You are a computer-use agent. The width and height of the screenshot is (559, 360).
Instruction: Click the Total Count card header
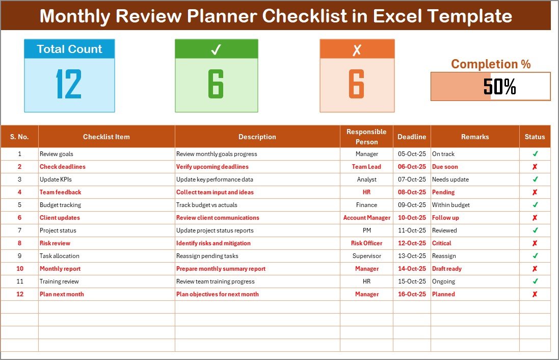tap(69, 49)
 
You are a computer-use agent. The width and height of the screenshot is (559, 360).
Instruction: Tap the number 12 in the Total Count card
tap(69, 84)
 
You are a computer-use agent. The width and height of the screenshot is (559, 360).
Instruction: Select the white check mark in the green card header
tap(216, 49)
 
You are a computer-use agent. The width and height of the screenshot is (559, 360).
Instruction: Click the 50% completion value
tap(499, 86)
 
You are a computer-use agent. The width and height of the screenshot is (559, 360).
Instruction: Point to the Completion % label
tap(491, 64)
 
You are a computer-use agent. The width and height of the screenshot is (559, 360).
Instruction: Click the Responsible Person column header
tap(366, 137)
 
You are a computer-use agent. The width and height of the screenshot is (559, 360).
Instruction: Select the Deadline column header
tap(412, 137)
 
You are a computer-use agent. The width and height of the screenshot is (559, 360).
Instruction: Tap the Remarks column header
tap(475, 137)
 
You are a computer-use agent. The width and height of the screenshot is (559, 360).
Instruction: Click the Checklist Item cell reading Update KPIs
tap(56, 179)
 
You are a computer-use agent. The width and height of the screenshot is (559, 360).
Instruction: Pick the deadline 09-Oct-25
tap(412, 205)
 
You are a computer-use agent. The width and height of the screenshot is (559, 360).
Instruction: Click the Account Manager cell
tap(366, 218)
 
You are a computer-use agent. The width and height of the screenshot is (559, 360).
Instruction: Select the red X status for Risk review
tap(535, 243)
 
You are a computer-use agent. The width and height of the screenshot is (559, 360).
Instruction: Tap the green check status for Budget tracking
tap(535, 205)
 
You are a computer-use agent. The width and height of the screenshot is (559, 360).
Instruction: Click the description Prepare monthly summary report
tap(221, 269)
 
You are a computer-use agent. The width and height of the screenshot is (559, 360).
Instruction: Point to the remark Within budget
tap(450, 205)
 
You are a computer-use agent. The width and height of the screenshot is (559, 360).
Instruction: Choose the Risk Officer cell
tap(366, 243)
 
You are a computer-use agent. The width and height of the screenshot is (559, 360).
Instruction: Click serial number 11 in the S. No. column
tap(19, 281)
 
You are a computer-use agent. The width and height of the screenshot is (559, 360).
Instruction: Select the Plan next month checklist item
tap(62, 294)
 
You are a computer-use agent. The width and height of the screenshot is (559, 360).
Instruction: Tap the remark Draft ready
tap(447, 269)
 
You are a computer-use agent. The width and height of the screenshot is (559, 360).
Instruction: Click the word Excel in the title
tap(396, 16)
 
